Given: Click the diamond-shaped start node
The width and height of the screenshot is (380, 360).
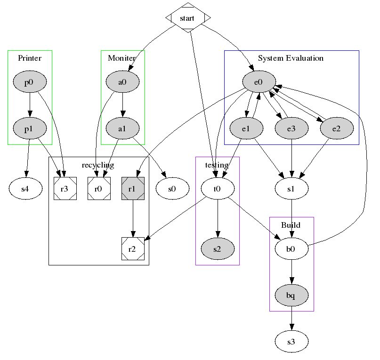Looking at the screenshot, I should (188, 18).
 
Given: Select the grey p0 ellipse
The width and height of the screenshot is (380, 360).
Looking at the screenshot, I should (29, 82).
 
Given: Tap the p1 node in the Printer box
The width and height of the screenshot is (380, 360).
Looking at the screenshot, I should (29, 128).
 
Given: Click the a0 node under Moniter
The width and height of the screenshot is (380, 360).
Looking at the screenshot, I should (122, 82).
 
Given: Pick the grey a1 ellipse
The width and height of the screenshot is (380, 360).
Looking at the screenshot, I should (122, 128).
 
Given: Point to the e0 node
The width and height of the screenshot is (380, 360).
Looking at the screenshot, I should (258, 82).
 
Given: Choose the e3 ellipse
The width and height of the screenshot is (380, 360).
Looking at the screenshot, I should (292, 128).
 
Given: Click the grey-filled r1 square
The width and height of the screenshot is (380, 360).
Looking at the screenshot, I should (132, 189).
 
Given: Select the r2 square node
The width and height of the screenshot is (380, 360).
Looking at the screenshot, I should (132, 249).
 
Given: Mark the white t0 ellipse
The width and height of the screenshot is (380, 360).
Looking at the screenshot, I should (217, 189).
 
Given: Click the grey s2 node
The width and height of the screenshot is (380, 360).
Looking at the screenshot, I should (217, 249).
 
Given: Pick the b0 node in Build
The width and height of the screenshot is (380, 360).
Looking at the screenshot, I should (291, 249).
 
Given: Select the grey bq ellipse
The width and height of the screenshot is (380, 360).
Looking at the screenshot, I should (291, 295).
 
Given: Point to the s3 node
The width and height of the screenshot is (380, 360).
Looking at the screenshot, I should (291, 341).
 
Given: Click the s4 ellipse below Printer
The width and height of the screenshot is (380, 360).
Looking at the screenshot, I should (25, 189).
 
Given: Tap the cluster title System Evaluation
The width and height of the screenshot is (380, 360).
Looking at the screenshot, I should (291, 58).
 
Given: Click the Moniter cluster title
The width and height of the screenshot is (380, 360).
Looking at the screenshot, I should (122, 58).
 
